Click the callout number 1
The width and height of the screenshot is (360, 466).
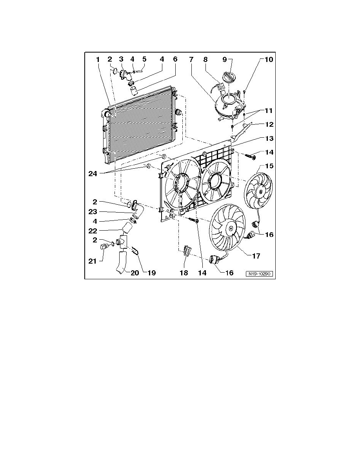98,60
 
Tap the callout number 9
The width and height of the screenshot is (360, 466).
225,60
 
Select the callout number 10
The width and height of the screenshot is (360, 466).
268,60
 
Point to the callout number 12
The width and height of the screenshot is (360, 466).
269,124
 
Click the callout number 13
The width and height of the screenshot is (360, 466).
269,138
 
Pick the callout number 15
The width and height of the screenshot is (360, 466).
269,166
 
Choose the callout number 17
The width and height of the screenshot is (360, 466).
256,256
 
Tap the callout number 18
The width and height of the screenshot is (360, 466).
184,273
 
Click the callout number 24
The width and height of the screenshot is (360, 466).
93,173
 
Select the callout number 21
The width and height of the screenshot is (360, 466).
93,261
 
